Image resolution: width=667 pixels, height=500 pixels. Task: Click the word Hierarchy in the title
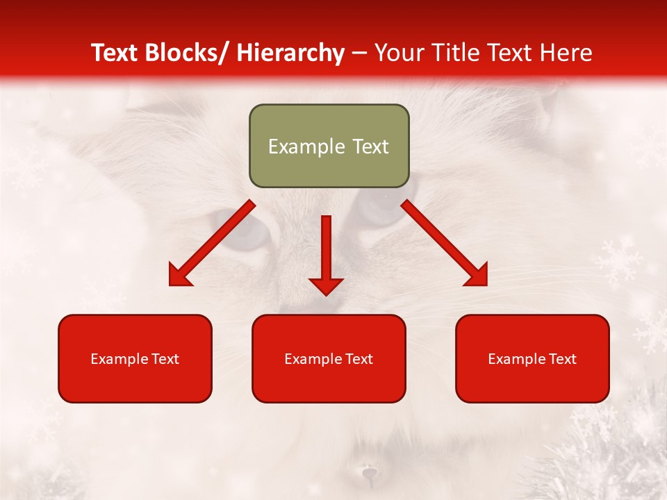290,53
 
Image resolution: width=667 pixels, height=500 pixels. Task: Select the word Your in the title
399,53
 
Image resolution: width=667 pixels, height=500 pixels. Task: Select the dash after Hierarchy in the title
359,54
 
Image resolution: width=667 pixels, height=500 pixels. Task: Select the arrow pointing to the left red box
212,244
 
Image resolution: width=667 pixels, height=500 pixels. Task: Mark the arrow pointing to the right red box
445,244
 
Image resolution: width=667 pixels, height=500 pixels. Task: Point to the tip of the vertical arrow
326,294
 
